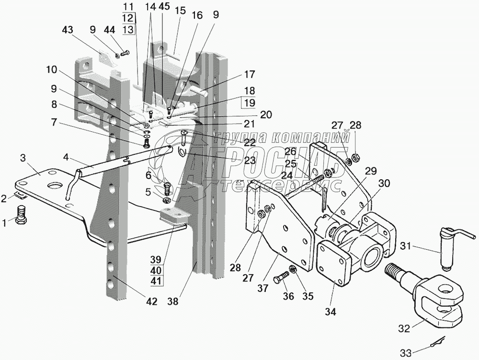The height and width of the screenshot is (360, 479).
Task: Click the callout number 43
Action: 68,30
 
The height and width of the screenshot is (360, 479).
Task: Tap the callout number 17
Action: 249,75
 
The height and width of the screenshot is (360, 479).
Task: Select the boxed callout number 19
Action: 249,103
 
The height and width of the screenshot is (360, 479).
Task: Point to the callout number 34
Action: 331,312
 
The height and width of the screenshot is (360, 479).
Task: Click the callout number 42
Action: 151,302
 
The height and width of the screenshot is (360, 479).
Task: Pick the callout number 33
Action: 406,353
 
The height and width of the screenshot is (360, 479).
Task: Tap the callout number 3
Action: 23,158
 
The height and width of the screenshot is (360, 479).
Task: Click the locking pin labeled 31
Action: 452,247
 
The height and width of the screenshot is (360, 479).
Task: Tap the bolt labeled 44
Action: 125,53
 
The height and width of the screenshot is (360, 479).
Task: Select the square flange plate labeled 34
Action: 335,263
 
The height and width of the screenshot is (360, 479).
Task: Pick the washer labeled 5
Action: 167,200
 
